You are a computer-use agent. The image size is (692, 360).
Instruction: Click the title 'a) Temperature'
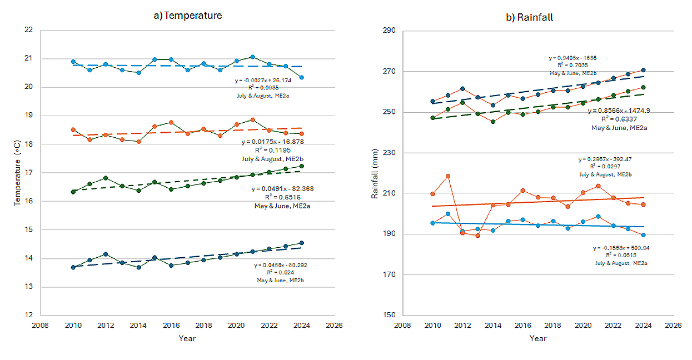188,16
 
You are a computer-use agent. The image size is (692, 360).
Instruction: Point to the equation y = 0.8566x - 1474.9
619,111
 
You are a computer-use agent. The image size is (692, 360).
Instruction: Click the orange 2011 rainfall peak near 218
448,176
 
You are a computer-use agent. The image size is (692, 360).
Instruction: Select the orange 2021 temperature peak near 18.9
252,119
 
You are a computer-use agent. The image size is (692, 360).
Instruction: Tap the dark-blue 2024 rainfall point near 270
643,70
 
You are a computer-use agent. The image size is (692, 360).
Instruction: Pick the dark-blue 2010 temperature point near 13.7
73,267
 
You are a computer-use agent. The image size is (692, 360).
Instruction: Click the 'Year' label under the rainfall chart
537,338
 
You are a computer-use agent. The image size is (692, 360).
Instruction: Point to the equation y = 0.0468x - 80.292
281,266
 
